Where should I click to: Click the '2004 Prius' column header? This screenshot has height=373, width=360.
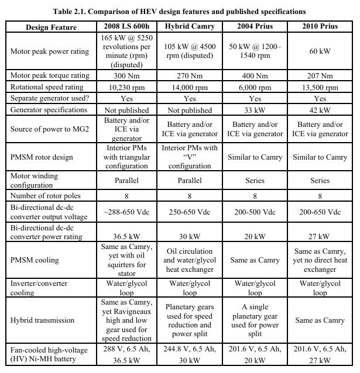pyautogui.click(x=255, y=27)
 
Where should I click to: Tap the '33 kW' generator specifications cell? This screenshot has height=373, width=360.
pyautogui.click(x=255, y=109)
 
